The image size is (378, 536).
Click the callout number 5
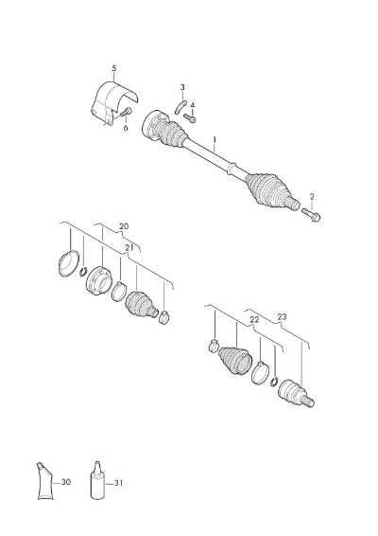[114, 68]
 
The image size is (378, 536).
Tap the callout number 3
[182, 87]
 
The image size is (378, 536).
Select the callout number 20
[124, 226]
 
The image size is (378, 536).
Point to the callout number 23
[283, 317]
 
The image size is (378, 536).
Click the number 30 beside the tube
[66, 482]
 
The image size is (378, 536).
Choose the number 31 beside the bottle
[118, 483]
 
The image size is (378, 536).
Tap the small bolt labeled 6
[128, 112]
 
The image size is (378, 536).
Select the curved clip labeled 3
[180, 107]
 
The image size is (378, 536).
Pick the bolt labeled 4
[190, 118]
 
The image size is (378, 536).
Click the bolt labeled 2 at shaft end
[311, 214]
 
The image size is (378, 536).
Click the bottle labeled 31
[97, 480]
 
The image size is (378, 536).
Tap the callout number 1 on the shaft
[215, 140]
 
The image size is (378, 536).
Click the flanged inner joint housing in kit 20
[98, 279]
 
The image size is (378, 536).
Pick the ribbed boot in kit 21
[141, 304]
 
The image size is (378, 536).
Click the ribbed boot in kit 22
[235, 362]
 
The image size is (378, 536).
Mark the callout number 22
[254, 320]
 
